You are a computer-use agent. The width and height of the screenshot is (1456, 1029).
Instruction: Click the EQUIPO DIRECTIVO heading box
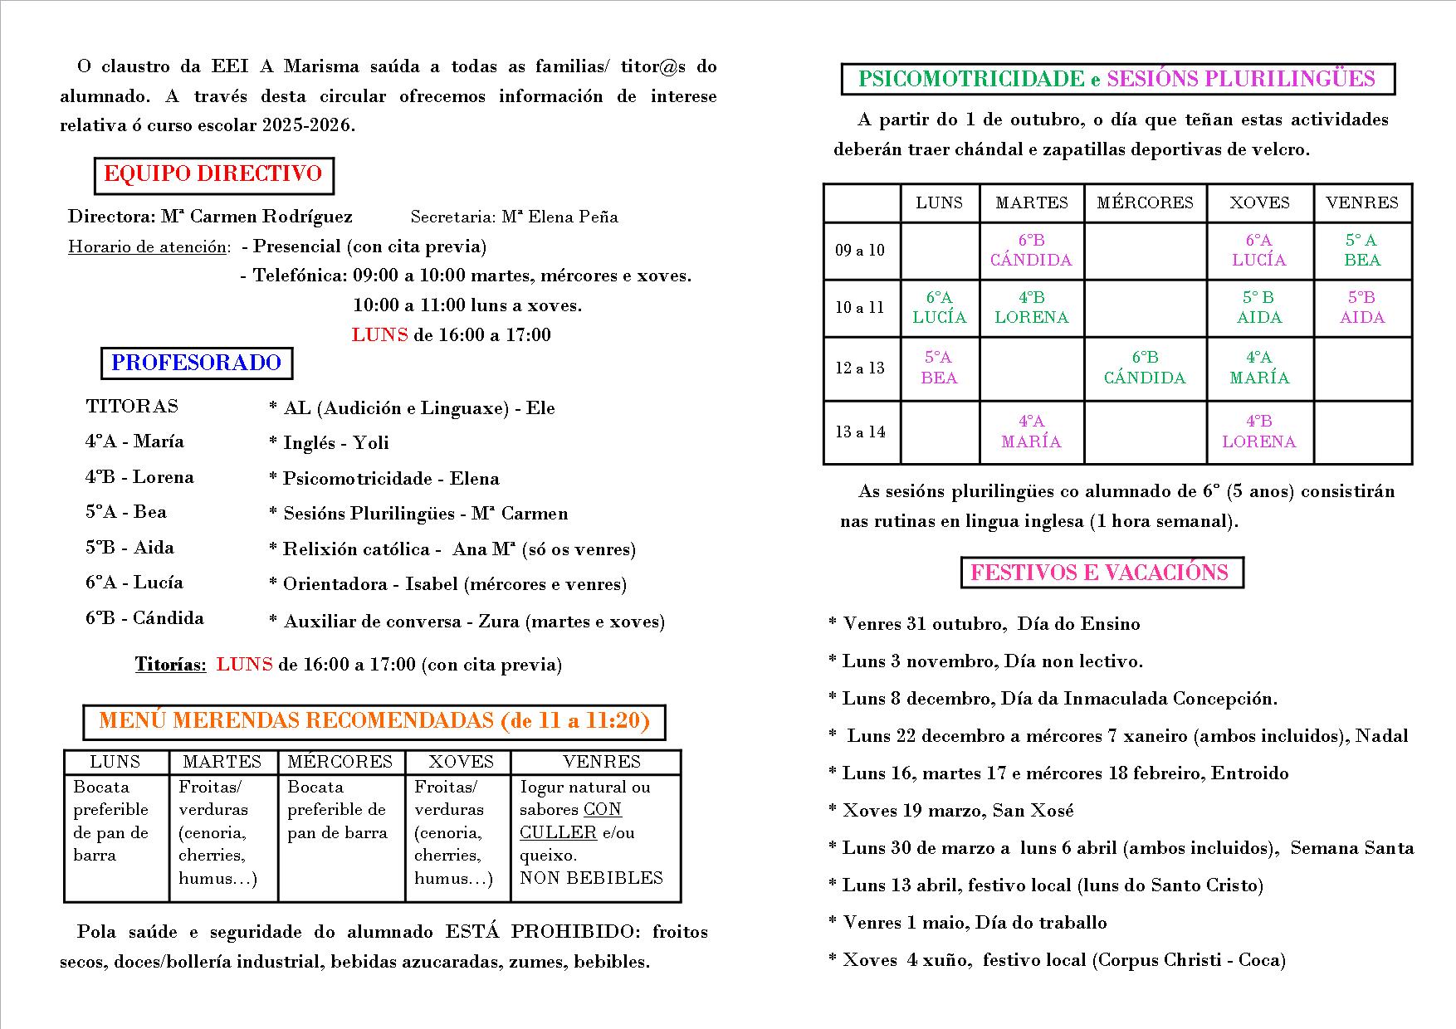(213, 174)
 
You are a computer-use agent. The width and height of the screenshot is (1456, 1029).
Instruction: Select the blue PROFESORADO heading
(197, 363)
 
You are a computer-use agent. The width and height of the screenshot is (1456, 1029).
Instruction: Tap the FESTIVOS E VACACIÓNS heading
(1100, 573)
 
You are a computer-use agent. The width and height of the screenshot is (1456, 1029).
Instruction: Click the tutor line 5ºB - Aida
(129, 548)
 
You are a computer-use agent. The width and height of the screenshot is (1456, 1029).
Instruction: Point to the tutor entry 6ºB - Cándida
(144, 618)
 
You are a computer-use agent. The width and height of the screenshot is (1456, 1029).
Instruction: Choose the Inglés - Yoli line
(329, 443)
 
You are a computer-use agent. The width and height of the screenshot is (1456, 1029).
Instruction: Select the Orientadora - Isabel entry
(447, 584)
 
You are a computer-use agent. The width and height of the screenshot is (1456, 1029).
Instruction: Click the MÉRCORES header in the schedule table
(1145, 202)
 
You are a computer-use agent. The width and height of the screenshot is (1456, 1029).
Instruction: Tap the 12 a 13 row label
(860, 368)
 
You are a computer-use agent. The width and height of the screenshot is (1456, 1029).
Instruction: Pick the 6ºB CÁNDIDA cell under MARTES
(1031, 250)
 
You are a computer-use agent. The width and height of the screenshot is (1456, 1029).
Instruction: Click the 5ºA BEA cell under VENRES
(1362, 250)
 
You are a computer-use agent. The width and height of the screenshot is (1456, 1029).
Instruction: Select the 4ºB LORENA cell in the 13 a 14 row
(1258, 432)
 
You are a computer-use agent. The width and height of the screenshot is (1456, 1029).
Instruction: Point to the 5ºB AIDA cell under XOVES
(1258, 307)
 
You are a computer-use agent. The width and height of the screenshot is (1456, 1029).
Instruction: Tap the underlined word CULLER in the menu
(558, 832)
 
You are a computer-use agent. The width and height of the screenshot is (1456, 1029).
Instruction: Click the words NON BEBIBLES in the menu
(591, 878)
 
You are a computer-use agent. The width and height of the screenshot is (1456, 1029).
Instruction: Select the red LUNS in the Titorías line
(244, 665)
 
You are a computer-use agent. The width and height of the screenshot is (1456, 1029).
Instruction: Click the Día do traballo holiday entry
(975, 923)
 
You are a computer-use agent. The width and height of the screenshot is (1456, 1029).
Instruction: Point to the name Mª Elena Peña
(559, 217)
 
